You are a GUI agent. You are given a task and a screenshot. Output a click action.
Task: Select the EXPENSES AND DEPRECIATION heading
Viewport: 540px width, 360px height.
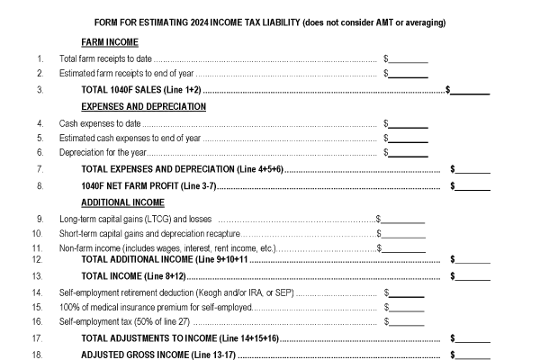tap(144, 106)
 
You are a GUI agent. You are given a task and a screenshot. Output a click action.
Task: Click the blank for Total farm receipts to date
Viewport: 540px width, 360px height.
tap(409, 58)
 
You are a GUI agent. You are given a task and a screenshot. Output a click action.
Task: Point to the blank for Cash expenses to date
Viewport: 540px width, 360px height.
tap(409, 122)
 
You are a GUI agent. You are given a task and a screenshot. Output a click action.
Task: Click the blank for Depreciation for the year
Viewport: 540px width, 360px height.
tap(409, 154)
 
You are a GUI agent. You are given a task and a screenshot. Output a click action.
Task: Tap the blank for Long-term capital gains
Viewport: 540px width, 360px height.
tap(402, 218)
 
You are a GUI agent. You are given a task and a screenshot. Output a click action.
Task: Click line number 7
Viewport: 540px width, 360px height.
tap(40, 170)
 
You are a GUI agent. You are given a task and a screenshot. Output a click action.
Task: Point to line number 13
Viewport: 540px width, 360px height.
tap(40, 275)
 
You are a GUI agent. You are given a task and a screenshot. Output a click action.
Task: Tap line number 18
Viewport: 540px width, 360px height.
tap(40, 354)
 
